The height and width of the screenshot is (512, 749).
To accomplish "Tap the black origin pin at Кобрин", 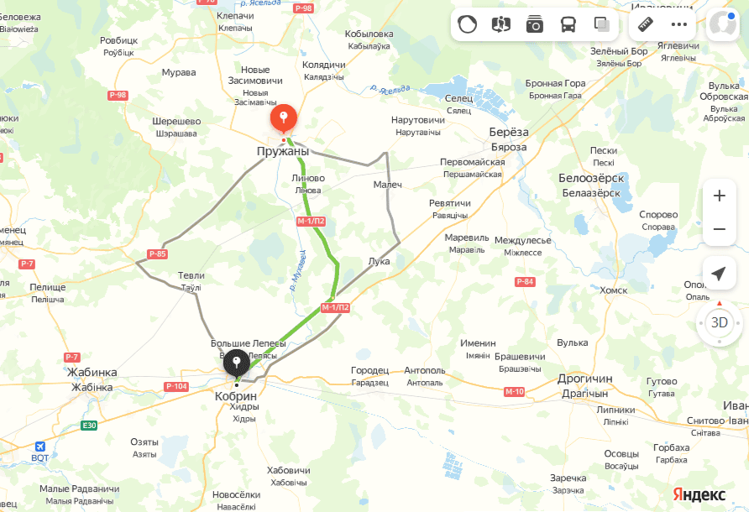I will (x=237, y=363).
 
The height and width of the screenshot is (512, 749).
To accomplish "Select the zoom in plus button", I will (x=719, y=196).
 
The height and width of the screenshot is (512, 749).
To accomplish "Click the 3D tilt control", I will (x=720, y=321).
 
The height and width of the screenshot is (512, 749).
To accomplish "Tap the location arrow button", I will (x=719, y=274).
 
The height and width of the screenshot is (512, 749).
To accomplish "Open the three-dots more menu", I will (x=679, y=24).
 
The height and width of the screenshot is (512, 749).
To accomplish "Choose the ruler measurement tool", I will (x=646, y=24).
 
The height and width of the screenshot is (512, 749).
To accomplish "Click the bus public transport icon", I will (x=568, y=24).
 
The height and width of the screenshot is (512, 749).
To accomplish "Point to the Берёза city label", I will (x=509, y=133).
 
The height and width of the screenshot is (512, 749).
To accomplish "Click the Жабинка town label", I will (x=92, y=372).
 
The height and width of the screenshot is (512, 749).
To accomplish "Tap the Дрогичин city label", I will (x=584, y=379).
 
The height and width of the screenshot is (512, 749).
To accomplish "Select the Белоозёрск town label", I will (x=589, y=178).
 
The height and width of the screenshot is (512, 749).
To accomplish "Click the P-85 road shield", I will (x=158, y=253).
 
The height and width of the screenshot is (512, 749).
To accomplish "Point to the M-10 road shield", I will (x=515, y=392).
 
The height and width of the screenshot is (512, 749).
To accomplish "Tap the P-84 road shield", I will (x=526, y=281).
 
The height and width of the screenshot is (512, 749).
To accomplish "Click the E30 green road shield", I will (x=88, y=426).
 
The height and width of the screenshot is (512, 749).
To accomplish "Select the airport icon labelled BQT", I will (x=39, y=447).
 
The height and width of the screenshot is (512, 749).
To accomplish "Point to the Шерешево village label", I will (x=176, y=121).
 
